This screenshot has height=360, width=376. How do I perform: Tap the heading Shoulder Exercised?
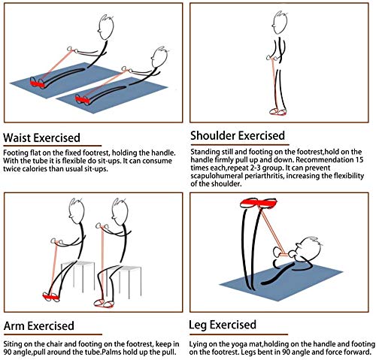click(x=238, y=136)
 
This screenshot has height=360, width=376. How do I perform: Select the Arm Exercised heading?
click(x=39, y=326)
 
